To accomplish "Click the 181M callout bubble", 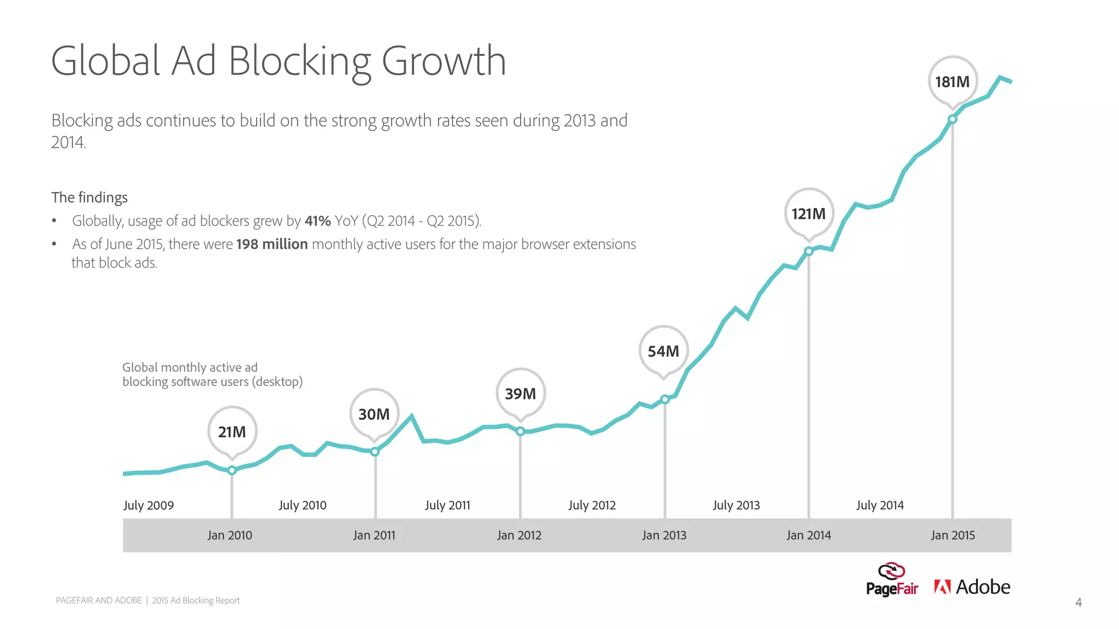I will (952, 82).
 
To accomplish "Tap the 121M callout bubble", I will (809, 213).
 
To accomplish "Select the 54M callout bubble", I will (663, 351).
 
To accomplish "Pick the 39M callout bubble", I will (520, 394).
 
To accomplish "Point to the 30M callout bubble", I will (374, 414).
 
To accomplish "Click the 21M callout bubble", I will (232, 432).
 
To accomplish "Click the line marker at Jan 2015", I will (952, 119).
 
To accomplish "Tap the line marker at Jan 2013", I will (665, 400).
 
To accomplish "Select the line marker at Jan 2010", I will (232, 470).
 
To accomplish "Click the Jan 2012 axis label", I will (519, 535).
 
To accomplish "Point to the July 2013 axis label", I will (736, 505).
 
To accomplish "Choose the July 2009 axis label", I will (149, 505).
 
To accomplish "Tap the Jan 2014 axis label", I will (809, 535).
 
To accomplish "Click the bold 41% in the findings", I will (317, 221).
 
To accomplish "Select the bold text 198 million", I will (272, 244).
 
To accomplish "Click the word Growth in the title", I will (443, 61).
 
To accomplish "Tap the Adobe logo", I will (972, 587).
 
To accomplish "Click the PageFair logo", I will (892, 580).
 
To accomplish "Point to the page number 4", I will (1078, 602).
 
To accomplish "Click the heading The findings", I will (90, 197).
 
